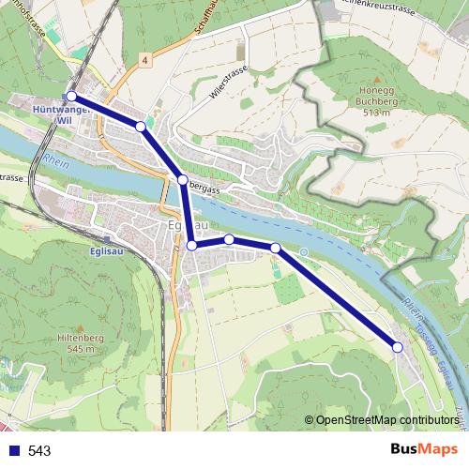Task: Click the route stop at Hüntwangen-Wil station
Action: pyautogui.click(x=71, y=96)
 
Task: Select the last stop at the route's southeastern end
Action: pyautogui.click(x=397, y=347)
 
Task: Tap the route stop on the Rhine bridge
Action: pyautogui.click(x=182, y=179)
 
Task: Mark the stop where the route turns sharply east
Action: pyautogui.click(x=191, y=245)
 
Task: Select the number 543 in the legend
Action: pyautogui.click(x=39, y=450)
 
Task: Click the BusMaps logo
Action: pyautogui.click(x=424, y=449)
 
